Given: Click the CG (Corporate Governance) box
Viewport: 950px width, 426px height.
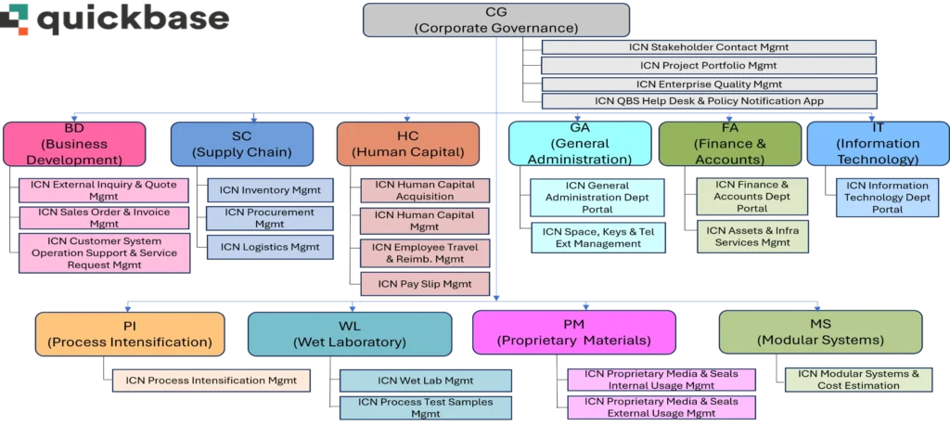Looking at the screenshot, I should [496, 20].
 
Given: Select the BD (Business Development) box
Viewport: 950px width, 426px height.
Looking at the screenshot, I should [73, 144].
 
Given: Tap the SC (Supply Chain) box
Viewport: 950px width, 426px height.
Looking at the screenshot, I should [241, 144].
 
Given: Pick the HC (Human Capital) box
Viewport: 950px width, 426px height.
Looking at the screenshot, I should [407, 144].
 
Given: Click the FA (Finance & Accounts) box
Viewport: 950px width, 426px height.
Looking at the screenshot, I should [729, 144].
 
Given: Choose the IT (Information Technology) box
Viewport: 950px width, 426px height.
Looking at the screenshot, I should [877, 144].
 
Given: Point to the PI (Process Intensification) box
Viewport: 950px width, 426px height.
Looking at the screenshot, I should [130, 333].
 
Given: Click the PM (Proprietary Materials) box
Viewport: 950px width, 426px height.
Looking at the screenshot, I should [573, 333].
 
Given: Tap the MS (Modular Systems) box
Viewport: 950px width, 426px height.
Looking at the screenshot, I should [820, 333].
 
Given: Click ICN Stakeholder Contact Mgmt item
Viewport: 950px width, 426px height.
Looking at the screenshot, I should [709, 47].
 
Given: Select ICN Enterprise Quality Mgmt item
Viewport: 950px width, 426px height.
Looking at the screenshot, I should [709, 84].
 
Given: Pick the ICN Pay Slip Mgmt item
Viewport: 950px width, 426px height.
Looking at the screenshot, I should [424, 284].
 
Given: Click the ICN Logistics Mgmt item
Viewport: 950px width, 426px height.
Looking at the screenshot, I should [269, 248].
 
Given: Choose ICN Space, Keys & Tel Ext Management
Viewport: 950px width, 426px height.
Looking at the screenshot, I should [597, 238].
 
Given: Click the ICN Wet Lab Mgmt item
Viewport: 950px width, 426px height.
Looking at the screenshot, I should [426, 381].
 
